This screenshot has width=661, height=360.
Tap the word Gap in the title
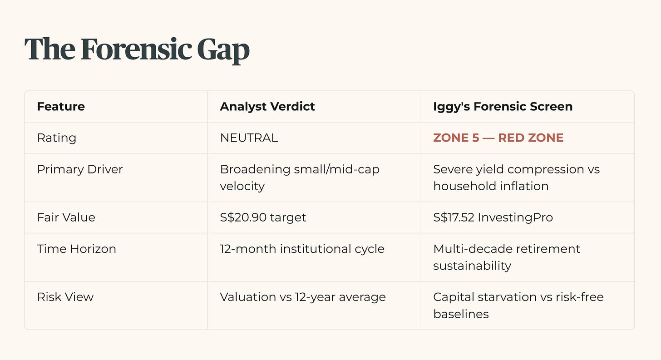pos(223,50)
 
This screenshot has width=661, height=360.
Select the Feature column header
pos(61,107)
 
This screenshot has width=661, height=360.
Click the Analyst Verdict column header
pos(267,107)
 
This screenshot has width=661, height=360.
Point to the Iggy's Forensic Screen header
pos(503,107)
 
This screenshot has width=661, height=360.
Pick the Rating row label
pos(57,138)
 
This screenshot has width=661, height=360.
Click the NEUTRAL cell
pos(249,138)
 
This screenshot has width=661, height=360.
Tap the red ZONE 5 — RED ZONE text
pos(498,138)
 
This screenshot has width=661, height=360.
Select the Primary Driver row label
pos(80,169)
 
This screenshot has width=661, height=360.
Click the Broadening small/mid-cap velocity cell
pos(300,178)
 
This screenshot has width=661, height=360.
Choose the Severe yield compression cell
pos(517,178)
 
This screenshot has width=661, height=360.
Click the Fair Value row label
pos(66,217)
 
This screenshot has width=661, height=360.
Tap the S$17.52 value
pos(454,217)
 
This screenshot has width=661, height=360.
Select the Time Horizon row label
pos(76,249)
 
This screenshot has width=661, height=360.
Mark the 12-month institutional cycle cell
pos(302,249)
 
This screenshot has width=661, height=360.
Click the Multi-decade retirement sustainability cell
pos(507,257)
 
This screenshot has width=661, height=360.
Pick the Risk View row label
pos(65,297)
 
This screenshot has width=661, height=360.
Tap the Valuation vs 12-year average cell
pos(303,297)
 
